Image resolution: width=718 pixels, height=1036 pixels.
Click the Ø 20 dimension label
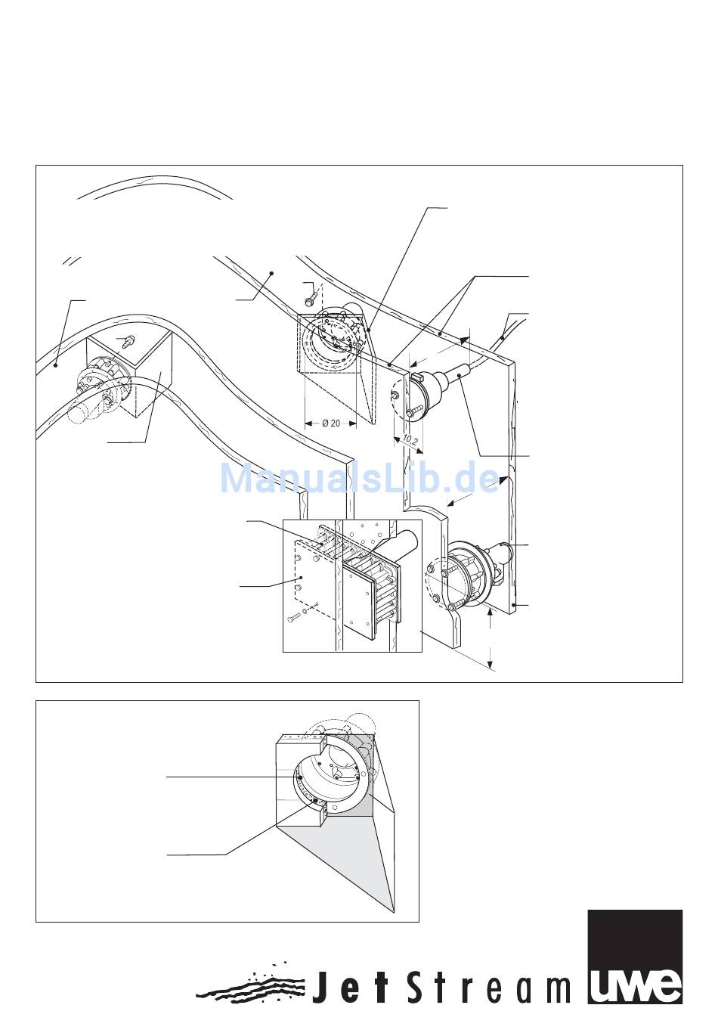click(x=330, y=423)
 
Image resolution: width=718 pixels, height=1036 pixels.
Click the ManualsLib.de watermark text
click(x=360, y=477)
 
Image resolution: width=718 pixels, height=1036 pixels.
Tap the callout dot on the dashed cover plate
click(x=301, y=577)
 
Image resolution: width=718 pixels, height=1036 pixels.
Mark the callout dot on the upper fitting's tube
click(x=459, y=378)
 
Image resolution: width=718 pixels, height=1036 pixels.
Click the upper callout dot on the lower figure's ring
click(x=299, y=777)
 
